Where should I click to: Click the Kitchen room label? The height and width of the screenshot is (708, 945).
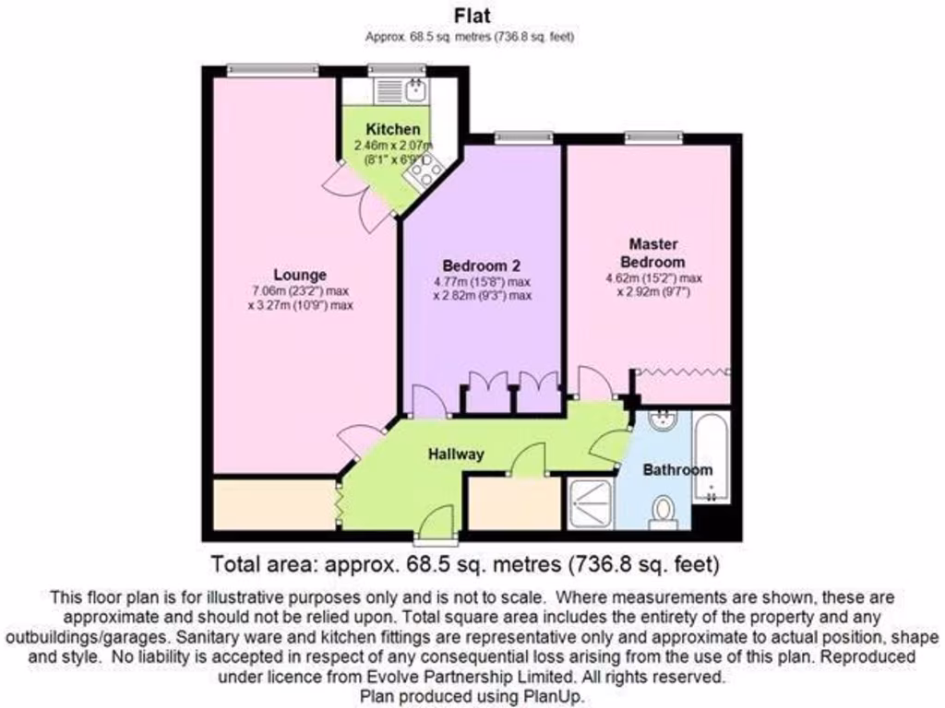click(x=392, y=129)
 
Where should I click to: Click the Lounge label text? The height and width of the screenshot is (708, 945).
click(x=300, y=275)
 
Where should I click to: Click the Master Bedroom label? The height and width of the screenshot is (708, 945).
click(x=653, y=253)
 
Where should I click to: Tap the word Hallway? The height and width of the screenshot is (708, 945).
click(x=455, y=454)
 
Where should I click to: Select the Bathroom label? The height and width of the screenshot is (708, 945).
click(x=677, y=470)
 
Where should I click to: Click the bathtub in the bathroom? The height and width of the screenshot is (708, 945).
click(x=711, y=458)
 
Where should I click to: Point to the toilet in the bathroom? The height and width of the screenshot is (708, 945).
click(x=663, y=513)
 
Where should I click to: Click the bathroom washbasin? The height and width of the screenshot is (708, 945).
click(x=661, y=421)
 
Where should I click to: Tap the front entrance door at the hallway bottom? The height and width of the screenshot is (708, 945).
click(x=434, y=527)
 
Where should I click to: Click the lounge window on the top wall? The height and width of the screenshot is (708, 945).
click(x=272, y=69)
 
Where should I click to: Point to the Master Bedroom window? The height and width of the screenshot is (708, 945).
click(x=654, y=138)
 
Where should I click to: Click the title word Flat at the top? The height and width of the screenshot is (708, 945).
click(x=472, y=15)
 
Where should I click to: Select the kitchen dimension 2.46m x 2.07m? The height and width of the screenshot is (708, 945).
click(x=392, y=146)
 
